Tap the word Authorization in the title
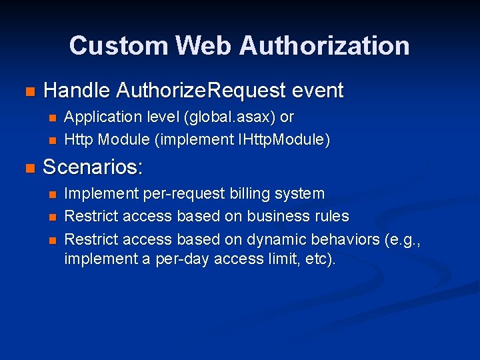pyautogui.click(x=324, y=45)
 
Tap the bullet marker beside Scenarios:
pyautogui.click(x=28, y=168)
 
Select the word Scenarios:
pyautogui.click(x=93, y=167)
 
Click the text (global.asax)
pyautogui.click(x=229, y=117)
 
